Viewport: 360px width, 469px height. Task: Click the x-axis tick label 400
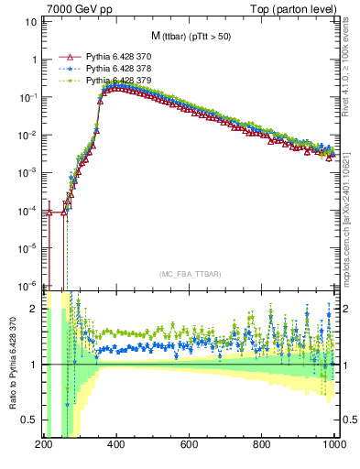point(115,444)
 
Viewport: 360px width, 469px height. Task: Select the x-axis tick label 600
point(189,444)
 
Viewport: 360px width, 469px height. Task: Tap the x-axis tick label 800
point(262,444)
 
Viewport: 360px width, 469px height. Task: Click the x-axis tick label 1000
point(333,444)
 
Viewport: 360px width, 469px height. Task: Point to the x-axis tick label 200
point(43,444)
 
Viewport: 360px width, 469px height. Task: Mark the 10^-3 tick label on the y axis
point(27,172)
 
